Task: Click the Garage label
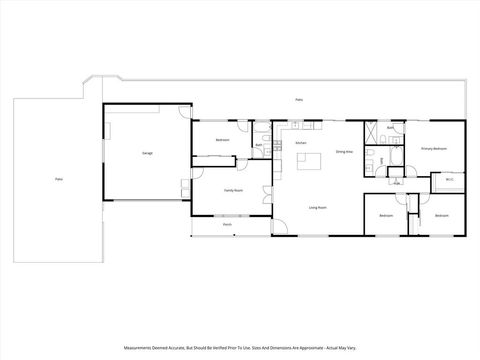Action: click(x=147, y=153)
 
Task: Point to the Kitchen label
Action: click(x=301, y=144)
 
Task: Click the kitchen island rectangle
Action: click(x=309, y=160)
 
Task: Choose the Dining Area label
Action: click(x=343, y=151)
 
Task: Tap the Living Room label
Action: click(x=317, y=207)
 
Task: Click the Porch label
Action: click(x=228, y=225)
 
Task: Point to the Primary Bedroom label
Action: click(x=433, y=148)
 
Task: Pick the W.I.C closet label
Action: click(x=447, y=181)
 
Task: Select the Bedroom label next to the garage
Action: click(x=222, y=140)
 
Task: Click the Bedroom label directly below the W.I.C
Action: click(x=442, y=216)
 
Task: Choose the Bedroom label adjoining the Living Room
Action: click(x=386, y=216)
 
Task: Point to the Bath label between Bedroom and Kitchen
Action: click(x=258, y=146)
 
